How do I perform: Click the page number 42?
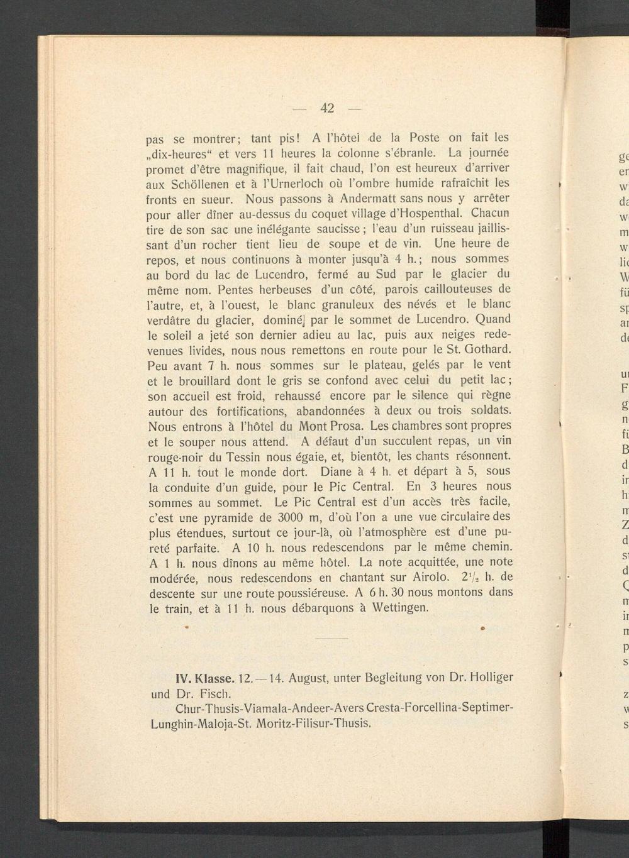326,108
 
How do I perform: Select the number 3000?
292,517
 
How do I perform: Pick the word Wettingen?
401,608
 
